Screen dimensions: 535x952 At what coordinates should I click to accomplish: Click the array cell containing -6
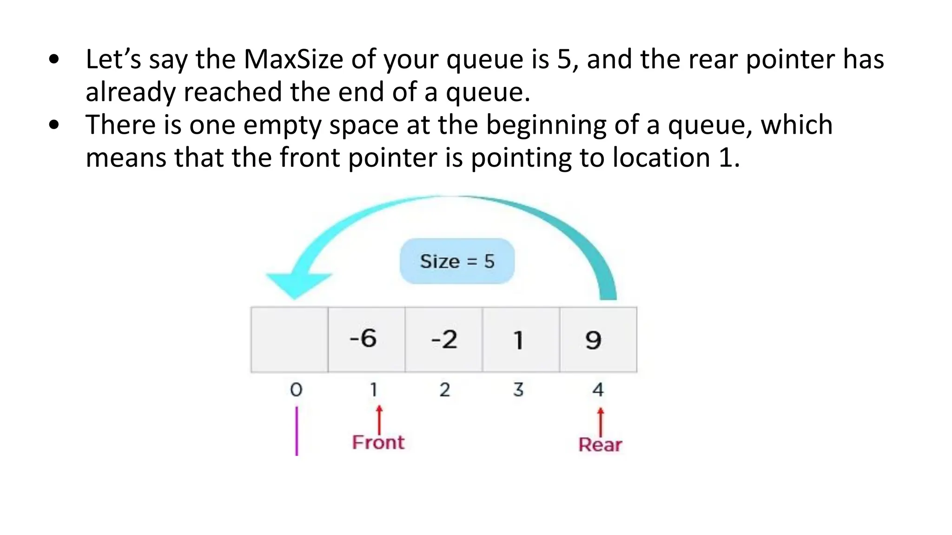coord(366,339)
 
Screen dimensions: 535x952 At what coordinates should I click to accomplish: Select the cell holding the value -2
coord(443,339)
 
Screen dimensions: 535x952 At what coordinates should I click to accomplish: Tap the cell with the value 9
coord(598,339)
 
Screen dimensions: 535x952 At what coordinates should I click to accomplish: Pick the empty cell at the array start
coord(289,339)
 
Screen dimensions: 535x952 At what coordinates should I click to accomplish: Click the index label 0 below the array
coord(296,390)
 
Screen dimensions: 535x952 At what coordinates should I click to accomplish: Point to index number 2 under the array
coord(444,390)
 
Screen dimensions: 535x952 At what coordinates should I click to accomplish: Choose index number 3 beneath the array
coord(518,390)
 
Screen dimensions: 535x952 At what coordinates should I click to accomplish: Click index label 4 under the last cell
coord(598,390)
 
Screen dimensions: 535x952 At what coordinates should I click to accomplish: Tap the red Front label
coord(378,443)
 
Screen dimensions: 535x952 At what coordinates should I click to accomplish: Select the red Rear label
coord(600,445)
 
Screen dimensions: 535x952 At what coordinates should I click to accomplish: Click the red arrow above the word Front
coord(379,418)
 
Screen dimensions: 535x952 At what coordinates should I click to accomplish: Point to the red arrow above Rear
coord(601,420)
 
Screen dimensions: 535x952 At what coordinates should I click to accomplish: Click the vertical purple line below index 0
coord(297,431)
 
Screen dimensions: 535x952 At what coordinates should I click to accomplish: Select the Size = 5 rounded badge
coord(457,261)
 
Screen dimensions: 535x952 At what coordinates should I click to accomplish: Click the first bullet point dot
coord(54,59)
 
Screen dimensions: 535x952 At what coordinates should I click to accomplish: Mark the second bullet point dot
coord(54,125)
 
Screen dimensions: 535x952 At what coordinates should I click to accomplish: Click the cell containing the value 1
coord(521,339)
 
